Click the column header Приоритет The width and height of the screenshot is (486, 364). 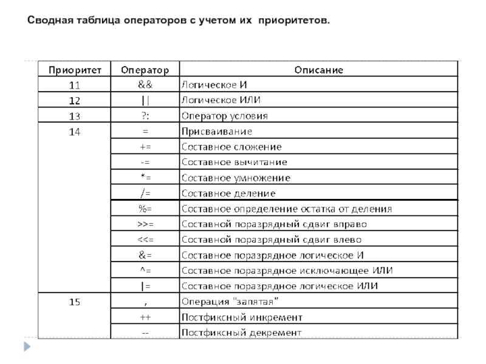click(x=75, y=69)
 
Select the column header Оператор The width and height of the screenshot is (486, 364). click(x=145, y=69)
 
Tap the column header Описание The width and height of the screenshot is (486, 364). click(x=319, y=69)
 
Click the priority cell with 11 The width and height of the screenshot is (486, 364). click(x=75, y=84)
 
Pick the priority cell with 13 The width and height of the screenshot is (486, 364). click(x=75, y=115)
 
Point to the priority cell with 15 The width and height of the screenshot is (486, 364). click(x=75, y=302)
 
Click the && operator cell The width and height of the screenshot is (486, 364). click(x=145, y=84)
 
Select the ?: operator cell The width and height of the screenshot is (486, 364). click(x=145, y=115)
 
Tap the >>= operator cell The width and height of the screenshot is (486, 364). click(x=145, y=224)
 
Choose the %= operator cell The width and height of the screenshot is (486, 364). click(x=145, y=209)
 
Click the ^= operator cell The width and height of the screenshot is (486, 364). click(x=145, y=270)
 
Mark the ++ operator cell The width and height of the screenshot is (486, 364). click(x=145, y=317)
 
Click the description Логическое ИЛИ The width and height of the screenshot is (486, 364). click(x=225, y=99)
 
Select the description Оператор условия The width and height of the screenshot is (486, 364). click(x=225, y=115)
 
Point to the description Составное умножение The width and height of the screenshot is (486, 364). click(x=236, y=178)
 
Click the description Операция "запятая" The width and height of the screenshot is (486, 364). click(x=230, y=302)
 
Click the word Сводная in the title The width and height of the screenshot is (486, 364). click(x=51, y=21)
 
